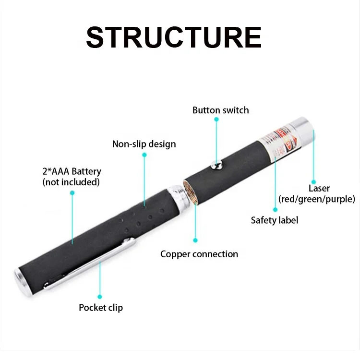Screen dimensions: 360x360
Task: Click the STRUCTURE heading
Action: point(174,37)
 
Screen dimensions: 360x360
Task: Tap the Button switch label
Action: point(221,110)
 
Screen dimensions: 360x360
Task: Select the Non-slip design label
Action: point(144,144)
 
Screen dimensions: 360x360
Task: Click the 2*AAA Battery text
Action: point(72,171)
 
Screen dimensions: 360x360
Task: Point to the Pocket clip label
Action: point(101,308)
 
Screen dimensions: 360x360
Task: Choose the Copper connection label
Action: point(199,254)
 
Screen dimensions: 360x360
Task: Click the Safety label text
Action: point(275,220)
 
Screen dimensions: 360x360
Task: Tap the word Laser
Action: point(319,188)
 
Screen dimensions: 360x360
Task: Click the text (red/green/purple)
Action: point(317,199)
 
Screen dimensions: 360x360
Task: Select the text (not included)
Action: point(71,182)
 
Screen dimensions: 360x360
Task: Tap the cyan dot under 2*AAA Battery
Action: point(72,193)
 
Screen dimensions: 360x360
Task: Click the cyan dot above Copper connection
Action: point(195,240)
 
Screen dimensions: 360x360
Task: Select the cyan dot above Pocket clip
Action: point(100,297)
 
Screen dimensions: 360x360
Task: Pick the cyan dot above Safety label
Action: point(276,209)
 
